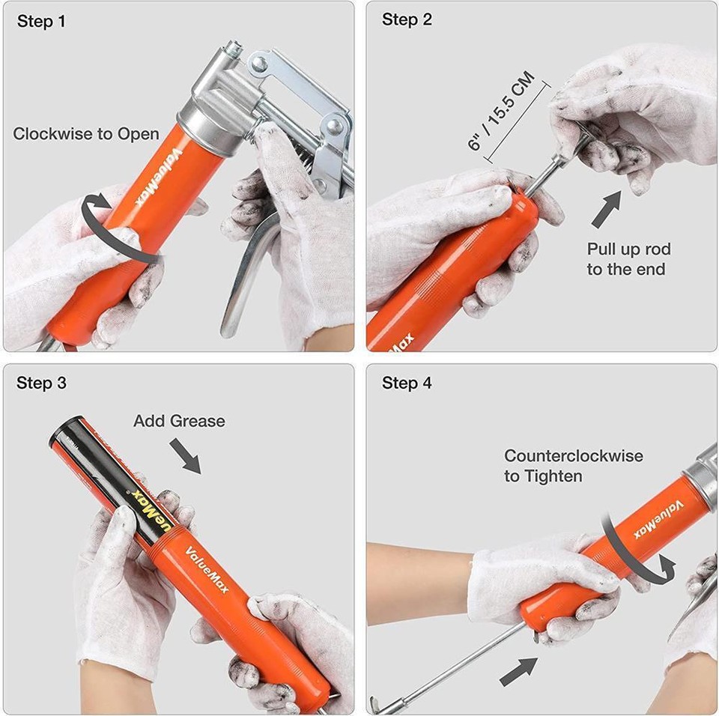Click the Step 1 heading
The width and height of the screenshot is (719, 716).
(x=41, y=21)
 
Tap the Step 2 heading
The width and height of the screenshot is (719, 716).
(x=407, y=19)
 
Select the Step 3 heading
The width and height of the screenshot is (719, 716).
(x=41, y=383)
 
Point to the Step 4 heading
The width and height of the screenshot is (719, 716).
(x=407, y=383)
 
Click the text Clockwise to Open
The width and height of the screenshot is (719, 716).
(x=86, y=134)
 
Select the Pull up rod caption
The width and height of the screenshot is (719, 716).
(x=628, y=259)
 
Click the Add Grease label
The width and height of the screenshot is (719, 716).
(x=179, y=421)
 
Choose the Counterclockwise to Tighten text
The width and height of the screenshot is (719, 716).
(x=573, y=465)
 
